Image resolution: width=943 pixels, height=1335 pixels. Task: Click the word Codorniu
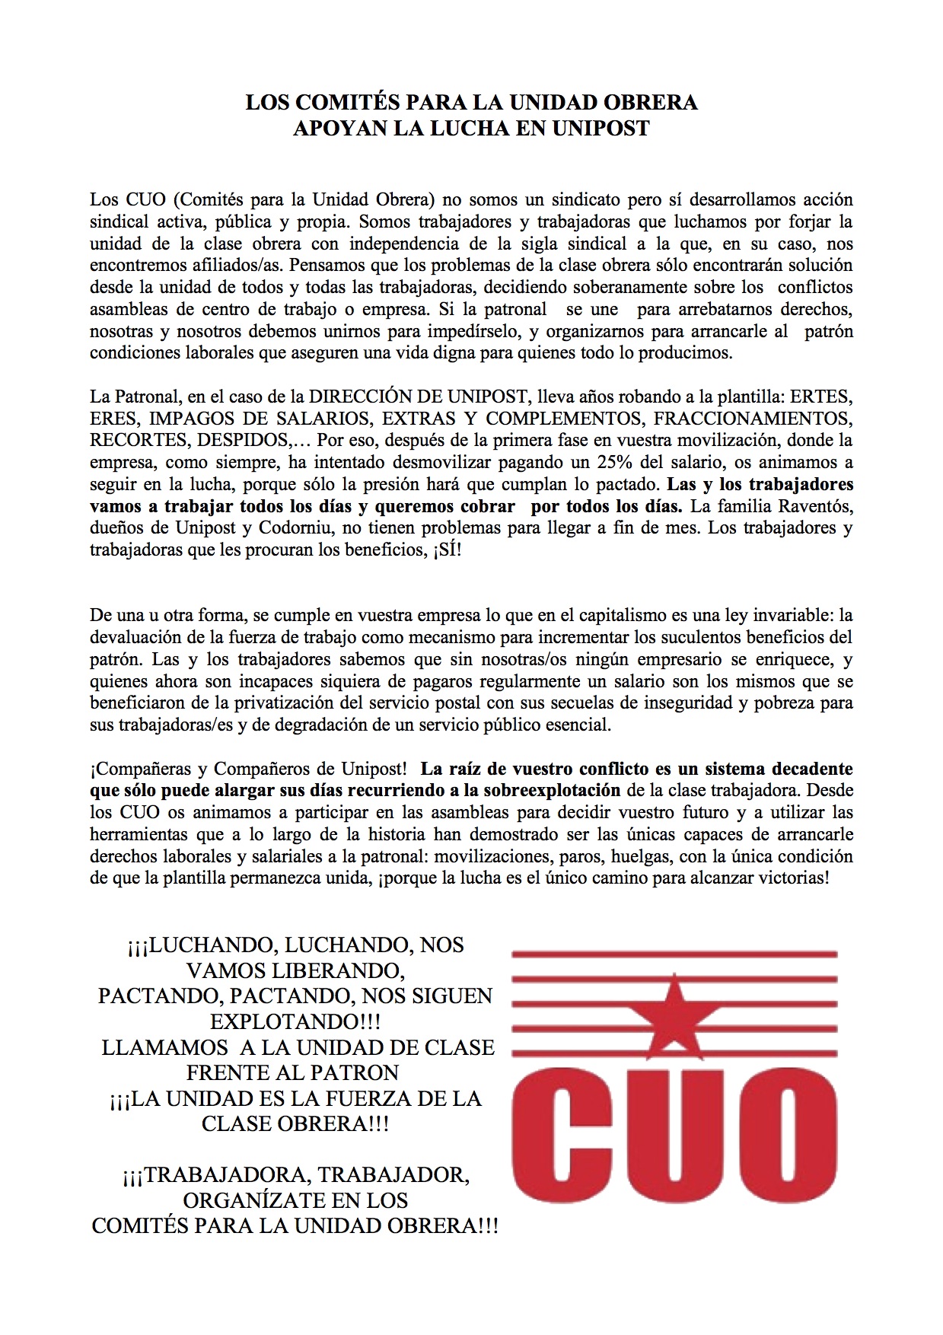point(296,527)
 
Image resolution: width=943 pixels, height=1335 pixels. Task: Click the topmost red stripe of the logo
point(674,953)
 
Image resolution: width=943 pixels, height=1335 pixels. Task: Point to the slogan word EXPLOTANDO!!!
point(295,1021)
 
